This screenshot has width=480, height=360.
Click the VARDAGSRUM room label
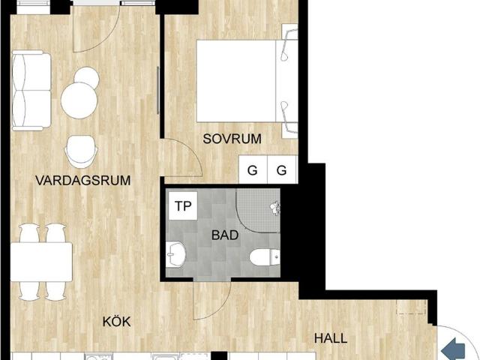click(x=82, y=180)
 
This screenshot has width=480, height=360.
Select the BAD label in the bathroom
click(x=224, y=235)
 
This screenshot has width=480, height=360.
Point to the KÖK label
click(x=117, y=322)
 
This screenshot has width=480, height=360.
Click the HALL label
click(x=331, y=338)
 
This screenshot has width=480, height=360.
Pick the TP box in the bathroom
click(x=183, y=205)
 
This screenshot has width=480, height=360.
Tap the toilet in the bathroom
click(x=263, y=257)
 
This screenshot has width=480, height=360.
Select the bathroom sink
click(x=177, y=255)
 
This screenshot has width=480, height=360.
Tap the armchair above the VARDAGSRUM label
click(x=81, y=151)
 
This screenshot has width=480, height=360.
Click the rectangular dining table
click(x=40, y=260)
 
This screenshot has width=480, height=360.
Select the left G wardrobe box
click(x=253, y=170)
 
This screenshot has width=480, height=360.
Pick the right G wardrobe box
click(x=281, y=170)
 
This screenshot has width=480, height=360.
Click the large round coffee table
click(x=79, y=100)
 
